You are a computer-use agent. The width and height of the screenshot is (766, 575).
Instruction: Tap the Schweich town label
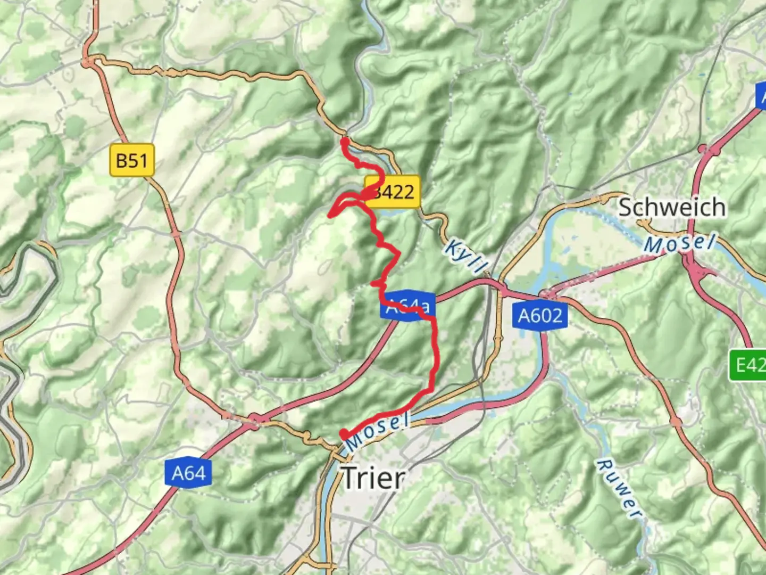pos(672,207)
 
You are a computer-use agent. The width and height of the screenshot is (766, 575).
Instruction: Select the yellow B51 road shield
pos(132,160)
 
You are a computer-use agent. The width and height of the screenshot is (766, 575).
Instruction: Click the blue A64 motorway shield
pos(189,473)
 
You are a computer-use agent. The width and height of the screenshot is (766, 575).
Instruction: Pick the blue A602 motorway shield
pos(540,316)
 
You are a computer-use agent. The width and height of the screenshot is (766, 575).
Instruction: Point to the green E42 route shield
pos(748,365)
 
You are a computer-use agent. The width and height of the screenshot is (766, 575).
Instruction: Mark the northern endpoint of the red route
pos(344,141)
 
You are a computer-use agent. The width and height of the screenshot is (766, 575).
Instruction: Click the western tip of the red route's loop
pos(330,215)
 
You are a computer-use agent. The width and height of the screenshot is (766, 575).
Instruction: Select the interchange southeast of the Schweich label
pos(698,269)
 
